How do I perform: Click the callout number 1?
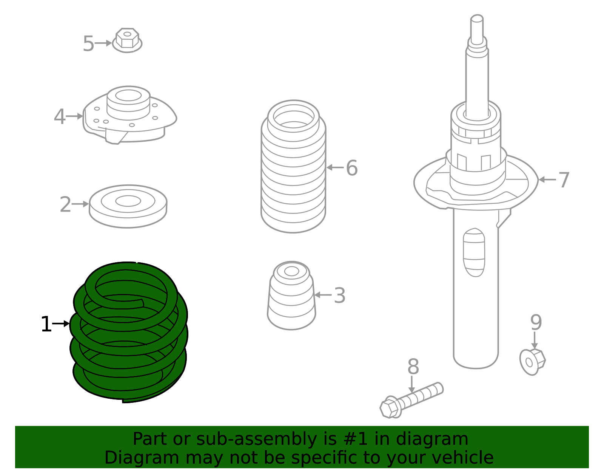click(46, 325)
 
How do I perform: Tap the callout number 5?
click(88, 44)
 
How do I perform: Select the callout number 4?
click(59, 117)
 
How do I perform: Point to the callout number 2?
click(65, 204)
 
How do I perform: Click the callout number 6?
click(351, 168)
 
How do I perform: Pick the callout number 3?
click(339, 296)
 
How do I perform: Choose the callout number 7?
click(564, 180)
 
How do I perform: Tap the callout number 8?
click(413, 367)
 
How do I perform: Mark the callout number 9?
click(536, 322)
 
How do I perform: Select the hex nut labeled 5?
click(127, 40)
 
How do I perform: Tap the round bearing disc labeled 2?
click(128, 206)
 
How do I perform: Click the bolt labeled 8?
click(411, 400)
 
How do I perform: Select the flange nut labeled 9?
click(532, 362)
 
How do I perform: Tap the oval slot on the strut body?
click(474, 252)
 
